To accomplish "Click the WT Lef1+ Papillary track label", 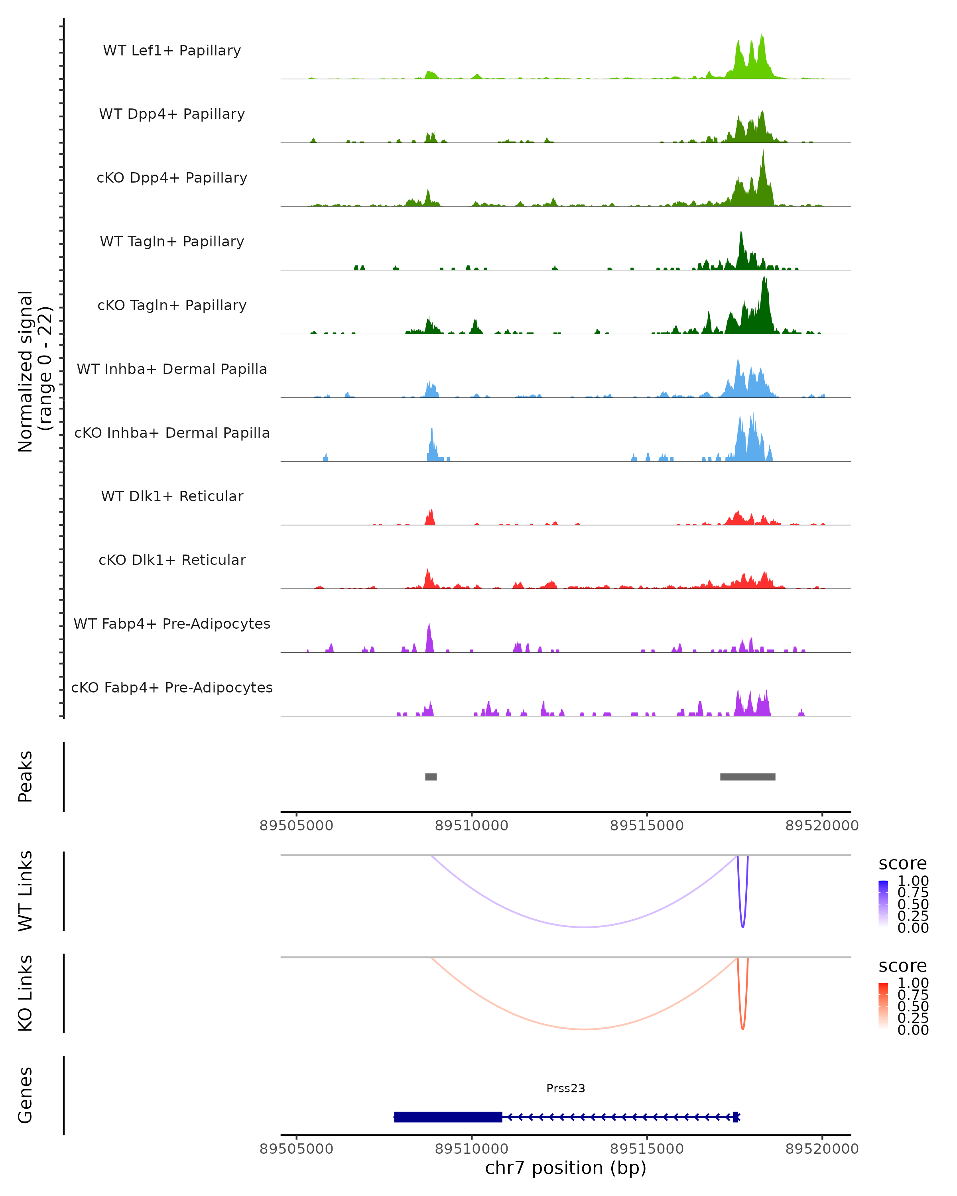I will click(172, 51).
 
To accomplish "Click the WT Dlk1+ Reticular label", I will click(172, 496).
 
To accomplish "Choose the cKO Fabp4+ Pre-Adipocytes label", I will click(172, 687).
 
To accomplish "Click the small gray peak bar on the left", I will click(431, 777).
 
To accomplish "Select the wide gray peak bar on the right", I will click(747, 777).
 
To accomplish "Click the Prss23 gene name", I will click(565, 1088).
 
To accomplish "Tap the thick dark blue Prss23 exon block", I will click(448, 1117).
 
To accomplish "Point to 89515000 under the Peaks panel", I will click(647, 826).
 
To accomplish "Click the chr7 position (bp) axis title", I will click(565, 1168).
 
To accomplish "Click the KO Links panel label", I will click(26, 993).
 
